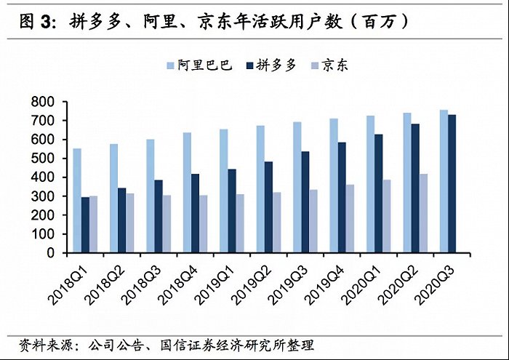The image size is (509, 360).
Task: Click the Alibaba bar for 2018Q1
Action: point(78,201)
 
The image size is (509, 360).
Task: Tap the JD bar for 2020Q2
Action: point(423,213)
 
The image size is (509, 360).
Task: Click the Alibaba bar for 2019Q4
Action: point(334,185)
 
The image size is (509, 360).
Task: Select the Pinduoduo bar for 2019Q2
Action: point(268,207)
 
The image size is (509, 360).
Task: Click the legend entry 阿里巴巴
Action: point(204,65)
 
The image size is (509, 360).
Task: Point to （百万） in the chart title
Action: point(379,22)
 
